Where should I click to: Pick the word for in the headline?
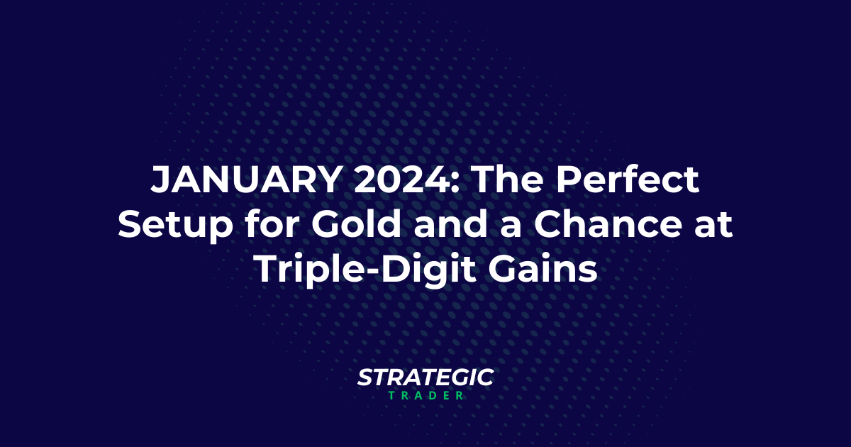point(272,226)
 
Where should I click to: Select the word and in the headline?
point(457,226)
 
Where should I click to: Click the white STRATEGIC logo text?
point(425,377)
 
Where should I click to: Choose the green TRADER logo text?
point(425,395)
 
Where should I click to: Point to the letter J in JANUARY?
point(161,182)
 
